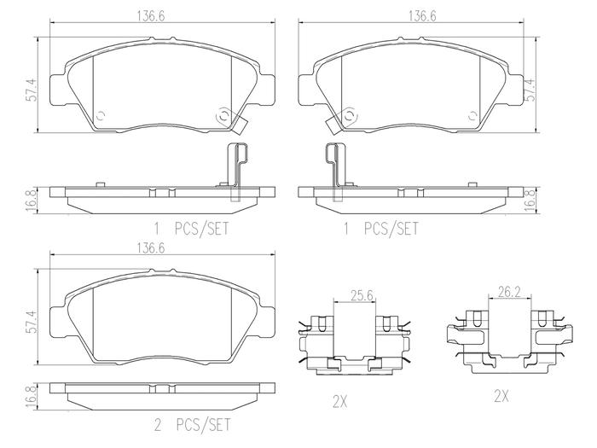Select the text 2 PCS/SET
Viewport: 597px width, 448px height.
pos(192,425)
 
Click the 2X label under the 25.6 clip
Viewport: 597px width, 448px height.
pos(340,402)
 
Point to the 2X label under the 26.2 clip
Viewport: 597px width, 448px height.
pos(501,397)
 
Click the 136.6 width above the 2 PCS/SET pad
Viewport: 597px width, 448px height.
pos(151,248)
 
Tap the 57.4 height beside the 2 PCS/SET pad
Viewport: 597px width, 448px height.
pos(32,322)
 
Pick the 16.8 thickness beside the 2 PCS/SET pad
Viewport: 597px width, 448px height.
pos(32,397)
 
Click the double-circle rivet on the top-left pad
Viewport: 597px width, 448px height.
pos(223,117)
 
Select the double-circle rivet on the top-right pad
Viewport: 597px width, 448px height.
pos(349,116)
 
